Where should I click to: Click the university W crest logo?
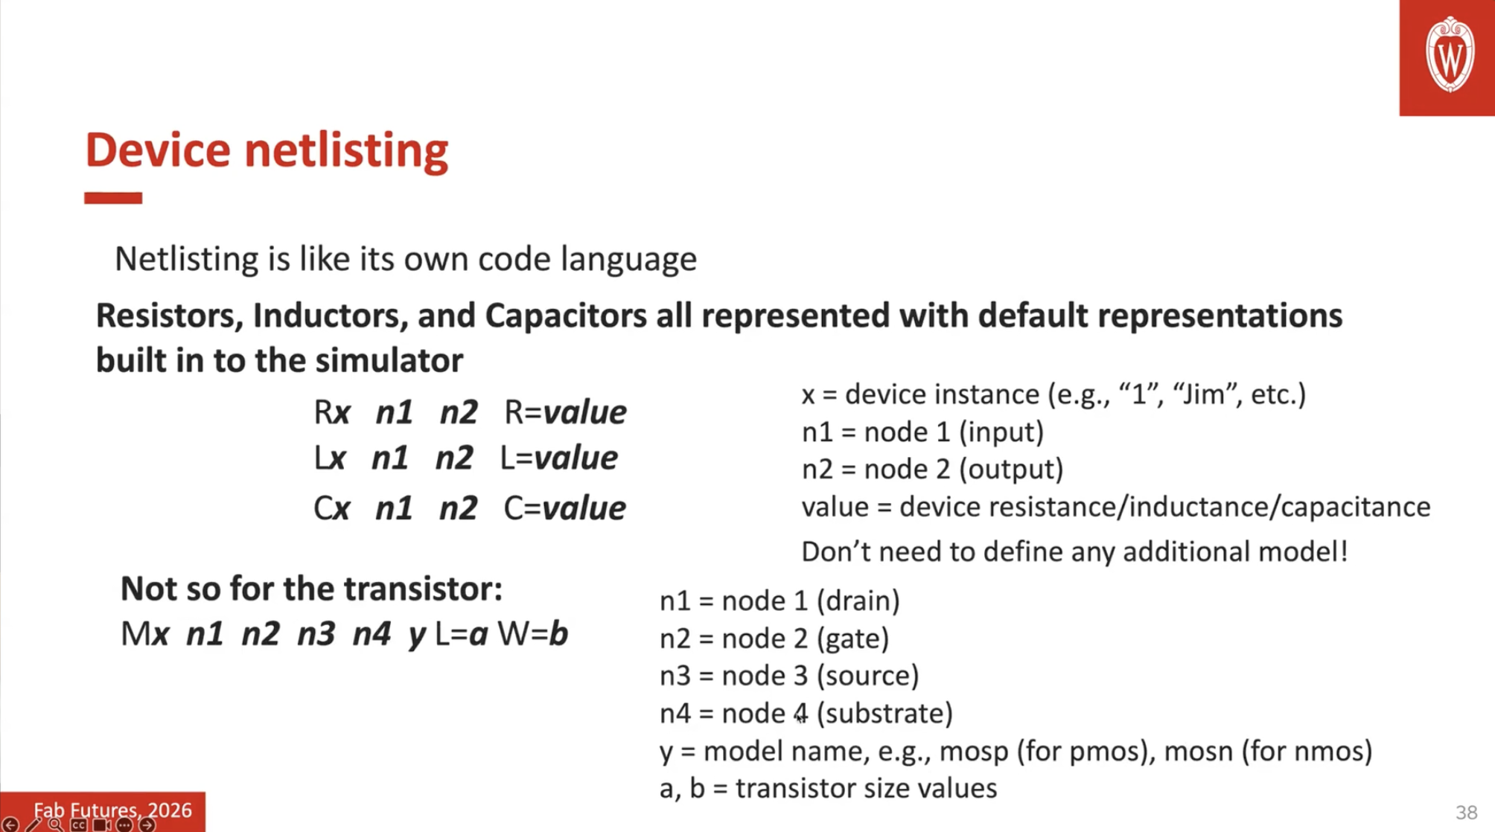[1450, 55]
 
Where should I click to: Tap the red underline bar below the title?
[113, 198]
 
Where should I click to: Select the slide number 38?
[1466, 812]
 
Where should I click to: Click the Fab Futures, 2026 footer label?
[112, 810]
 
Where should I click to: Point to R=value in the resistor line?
[565, 412]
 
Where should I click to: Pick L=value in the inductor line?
[558, 458]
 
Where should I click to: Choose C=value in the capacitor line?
[564, 508]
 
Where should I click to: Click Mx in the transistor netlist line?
[145, 634]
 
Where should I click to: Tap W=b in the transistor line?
[533, 634]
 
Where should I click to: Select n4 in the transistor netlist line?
[372, 634]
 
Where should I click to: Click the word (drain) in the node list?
[858, 601]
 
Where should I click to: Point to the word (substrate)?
[884, 713]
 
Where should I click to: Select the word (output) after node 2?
[1010, 470]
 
